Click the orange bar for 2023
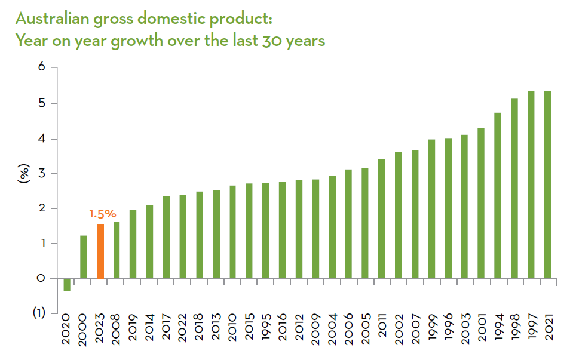pyautogui.click(x=100, y=251)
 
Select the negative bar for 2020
pyautogui.click(x=67, y=285)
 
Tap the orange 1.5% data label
pyautogui.click(x=102, y=213)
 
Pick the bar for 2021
pyautogui.click(x=548, y=185)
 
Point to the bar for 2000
pyautogui.click(x=84, y=257)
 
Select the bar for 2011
pyautogui.click(x=381, y=219)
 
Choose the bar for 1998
pyautogui.click(x=514, y=188)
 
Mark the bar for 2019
pyautogui.click(x=133, y=244)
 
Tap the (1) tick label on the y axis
pyautogui.click(x=39, y=313)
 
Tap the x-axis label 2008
pyautogui.click(x=117, y=329)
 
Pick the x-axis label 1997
pyautogui.click(x=531, y=329)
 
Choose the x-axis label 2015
pyautogui.click(x=249, y=329)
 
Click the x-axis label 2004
pyautogui.click(x=332, y=329)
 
